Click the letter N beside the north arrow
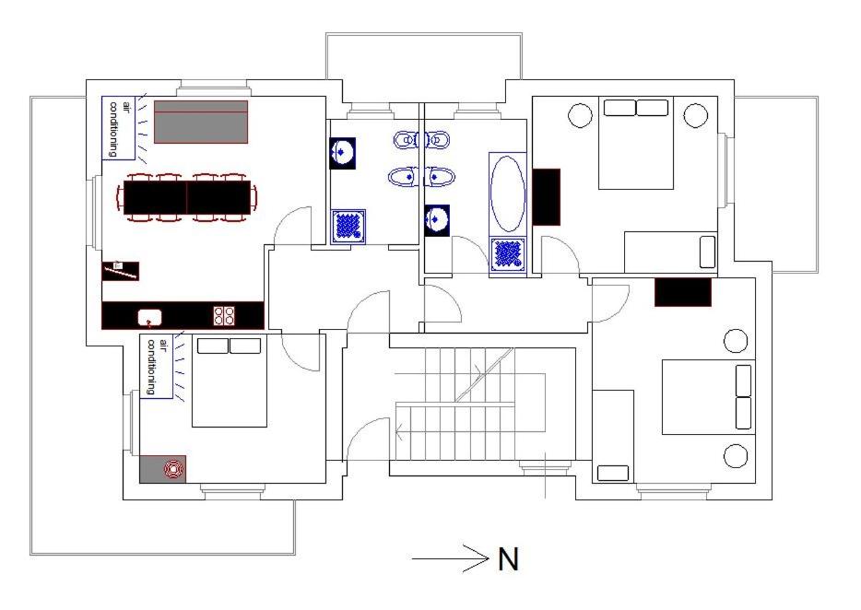(508, 559)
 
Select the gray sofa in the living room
(201, 122)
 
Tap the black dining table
(187, 197)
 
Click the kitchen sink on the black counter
(150, 317)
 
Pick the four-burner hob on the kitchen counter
(225, 315)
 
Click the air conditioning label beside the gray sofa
(119, 128)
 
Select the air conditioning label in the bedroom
(157, 366)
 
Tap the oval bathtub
(507, 194)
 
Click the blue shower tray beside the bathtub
(508, 254)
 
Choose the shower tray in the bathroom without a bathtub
(348, 226)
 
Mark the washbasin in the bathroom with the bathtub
(437, 220)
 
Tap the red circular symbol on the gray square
(174, 469)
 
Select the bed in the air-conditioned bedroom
(229, 381)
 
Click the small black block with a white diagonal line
(121, 271)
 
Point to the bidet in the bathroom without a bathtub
(406, 139)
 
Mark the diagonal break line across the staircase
(484, 374)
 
